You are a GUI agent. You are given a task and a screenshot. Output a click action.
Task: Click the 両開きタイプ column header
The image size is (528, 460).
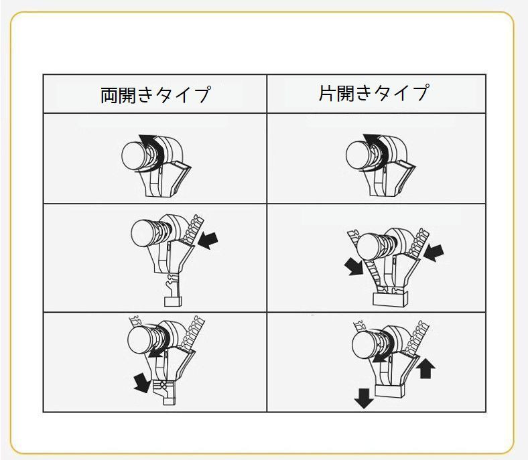pyautogui.click(x=155, y=94)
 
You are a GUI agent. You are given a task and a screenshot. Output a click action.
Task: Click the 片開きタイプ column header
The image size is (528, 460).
pyautogui.click(x=374, y=93)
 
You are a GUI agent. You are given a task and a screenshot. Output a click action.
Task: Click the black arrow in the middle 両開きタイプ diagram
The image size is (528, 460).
pyautogui.click(x=208, y=240)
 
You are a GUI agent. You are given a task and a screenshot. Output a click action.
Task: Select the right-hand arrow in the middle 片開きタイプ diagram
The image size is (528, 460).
pyautogui.click(x=434, y=252)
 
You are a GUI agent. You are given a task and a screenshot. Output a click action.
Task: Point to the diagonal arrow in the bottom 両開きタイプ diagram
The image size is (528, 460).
pyautogui.click(x=142, y=382)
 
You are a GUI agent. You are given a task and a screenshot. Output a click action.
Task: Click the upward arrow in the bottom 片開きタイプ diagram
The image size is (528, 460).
pyautogui.click(x=425, y=368)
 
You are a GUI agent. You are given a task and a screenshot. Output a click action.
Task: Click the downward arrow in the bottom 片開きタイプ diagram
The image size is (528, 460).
pyautogui.click(x=364, y=398)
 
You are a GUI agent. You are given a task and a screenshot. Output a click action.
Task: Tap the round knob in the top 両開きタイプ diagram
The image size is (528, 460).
pyautogui.click(x=135, y=156)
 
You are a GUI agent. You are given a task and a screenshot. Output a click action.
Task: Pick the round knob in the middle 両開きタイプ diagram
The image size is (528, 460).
pyautogui.click(x=144, y=233)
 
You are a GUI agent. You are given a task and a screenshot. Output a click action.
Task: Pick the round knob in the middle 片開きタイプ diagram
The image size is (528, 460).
pyautogui.click(x=370, y=246)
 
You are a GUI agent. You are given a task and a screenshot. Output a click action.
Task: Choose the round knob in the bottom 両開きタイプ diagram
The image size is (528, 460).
pyautogui.click(x=141, y=339)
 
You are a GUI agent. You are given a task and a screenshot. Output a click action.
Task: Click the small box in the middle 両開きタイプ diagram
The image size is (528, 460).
pyautogui.click(x=173, y=301)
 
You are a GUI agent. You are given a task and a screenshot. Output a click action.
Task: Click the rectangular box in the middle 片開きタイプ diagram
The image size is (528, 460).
pyautogui.click(x=390, y=299)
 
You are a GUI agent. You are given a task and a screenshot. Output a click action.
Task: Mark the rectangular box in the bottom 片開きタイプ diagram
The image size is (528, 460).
pyautogui.click(x=389, y=390)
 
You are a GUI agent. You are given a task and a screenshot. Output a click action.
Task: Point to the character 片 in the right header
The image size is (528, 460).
pyautogui.click(x=327, y=93)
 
